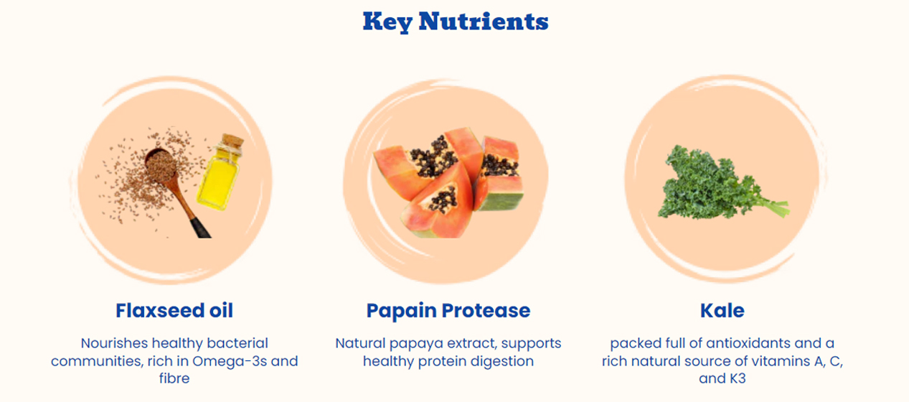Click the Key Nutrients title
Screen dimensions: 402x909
pos(455,22)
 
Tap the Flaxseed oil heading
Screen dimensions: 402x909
pos(174,310)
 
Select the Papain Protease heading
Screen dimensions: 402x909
pos(448,310)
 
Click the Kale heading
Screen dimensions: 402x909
pos(722,310)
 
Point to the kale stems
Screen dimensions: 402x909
pos(771,207)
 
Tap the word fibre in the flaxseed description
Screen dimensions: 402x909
pos(174,378)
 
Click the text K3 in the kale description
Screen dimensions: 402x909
pos(735,378)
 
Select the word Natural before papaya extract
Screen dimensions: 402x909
pos(359,343)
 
